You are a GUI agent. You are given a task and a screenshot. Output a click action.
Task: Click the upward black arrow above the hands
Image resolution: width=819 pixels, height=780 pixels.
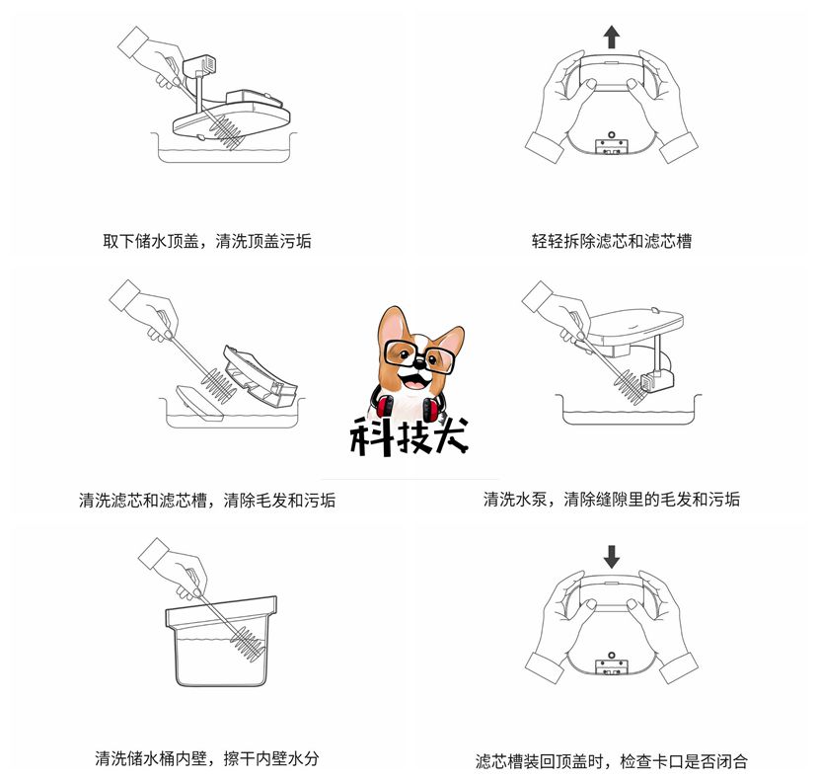click(612, 38)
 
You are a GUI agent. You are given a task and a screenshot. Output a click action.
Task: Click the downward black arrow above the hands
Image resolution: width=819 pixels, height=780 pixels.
click(612, 556)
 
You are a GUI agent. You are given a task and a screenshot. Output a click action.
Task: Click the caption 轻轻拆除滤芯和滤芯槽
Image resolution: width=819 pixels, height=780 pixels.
click(612, 241)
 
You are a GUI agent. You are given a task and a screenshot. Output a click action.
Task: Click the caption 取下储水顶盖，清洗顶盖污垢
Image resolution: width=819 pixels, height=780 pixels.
click(207, 241)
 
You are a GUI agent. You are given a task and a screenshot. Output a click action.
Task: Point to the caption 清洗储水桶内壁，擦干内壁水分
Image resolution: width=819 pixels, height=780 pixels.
click(207, 759)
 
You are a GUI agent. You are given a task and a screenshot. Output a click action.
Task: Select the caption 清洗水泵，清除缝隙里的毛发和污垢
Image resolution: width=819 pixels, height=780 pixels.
click(612, 500)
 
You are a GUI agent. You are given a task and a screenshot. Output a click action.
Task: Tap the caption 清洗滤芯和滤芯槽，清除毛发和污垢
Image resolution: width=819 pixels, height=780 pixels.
click(207, 501)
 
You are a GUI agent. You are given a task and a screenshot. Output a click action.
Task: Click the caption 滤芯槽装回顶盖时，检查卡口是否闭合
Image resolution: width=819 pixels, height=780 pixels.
click(612, 761)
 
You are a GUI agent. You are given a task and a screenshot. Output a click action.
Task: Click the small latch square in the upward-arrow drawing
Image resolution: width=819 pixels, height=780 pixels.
click(612, 146)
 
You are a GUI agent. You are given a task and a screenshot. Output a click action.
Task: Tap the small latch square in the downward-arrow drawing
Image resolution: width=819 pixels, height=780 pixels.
click(612, 664)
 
